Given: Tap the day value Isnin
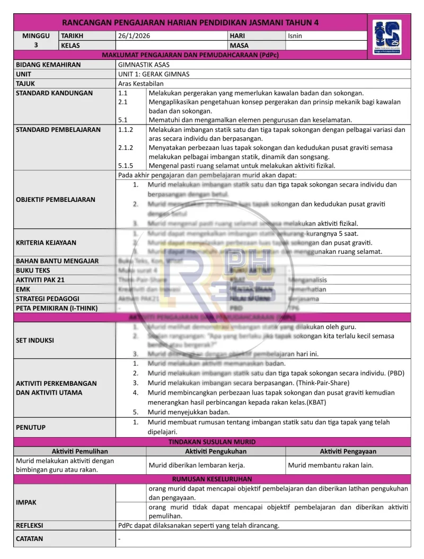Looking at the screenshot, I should [x=295, y=36].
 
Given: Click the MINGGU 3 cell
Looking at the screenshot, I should [x=36, y=40].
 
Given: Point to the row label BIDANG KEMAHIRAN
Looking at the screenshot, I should [x=48, y=65].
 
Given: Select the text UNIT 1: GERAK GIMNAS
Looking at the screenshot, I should [x=154, y=74].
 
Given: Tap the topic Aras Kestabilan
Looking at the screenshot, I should [x=141, y=84].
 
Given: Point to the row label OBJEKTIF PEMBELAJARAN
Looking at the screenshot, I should [x=56, y=200].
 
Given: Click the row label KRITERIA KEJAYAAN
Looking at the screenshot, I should [x=46, y=243].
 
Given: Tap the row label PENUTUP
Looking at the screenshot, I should [x=31, y=427].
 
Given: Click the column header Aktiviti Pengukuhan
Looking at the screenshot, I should [x=215, y=451].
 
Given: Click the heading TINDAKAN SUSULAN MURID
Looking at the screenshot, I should [x=212, y=442].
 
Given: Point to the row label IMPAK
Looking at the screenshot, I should [x=26, y=502].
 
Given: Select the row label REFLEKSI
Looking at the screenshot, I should [x=30, y=526].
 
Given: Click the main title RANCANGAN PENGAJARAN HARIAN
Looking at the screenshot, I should [x=191, y=23].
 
